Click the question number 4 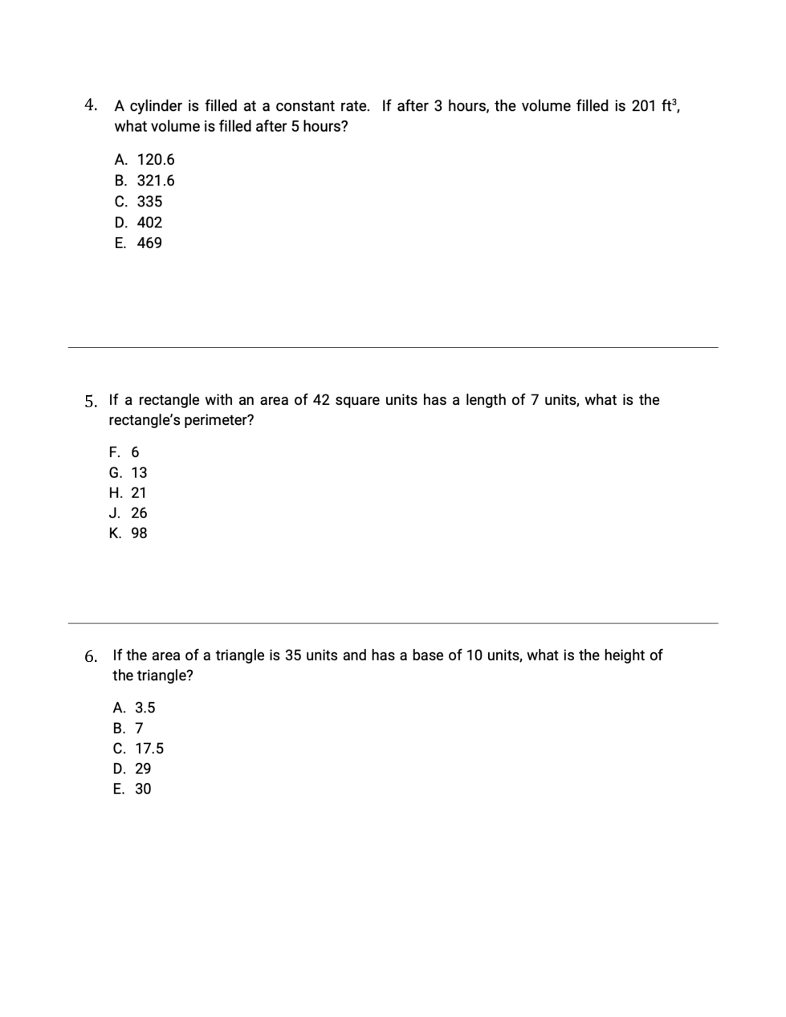pyautogui.click(x=91, y=105)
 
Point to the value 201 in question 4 pyautogui.click(x=644, y=106)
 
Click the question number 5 pyautogui.click(x=91, y=401)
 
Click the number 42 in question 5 pyautogui.click(x=320, y=400)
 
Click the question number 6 pyautogui.click(x=91, y=656)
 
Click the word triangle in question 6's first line pyautogui.click(x=239, y=656)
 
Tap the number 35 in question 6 pyautogui.click(x=293, y=656)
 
